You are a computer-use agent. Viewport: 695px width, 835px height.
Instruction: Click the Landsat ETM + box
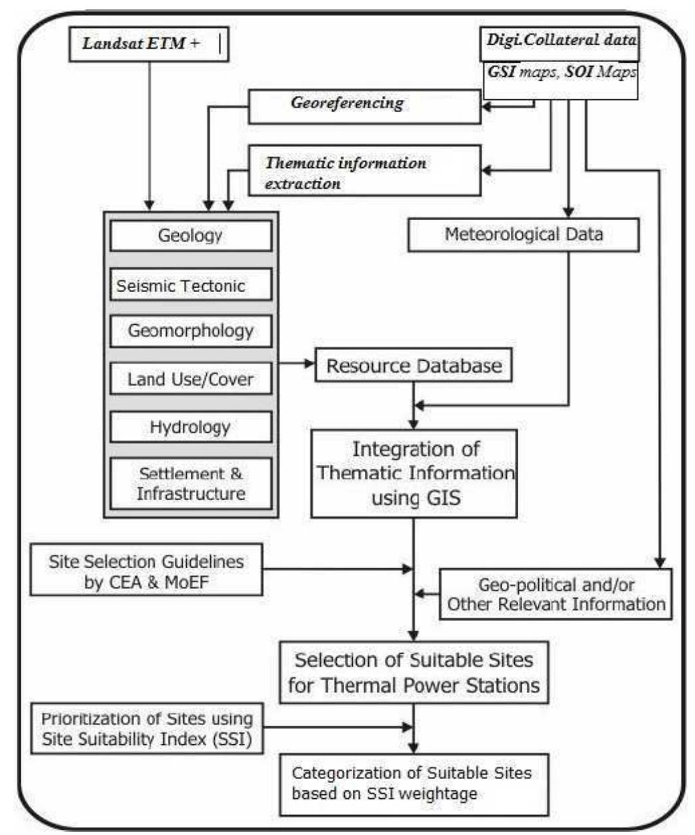click(149, 45)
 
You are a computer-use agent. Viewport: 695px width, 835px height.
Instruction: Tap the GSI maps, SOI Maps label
click(560, 72)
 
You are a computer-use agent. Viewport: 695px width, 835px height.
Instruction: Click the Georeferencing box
click(364, 106)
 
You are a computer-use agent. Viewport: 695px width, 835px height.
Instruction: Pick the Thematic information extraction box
click(364, 172)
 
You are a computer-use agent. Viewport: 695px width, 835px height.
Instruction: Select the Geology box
click(191, 235)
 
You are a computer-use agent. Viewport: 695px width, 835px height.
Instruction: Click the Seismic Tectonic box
click(191, 285)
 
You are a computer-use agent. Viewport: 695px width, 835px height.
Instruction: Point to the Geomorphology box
click(191, 331)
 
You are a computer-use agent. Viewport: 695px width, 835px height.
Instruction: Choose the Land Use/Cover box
click(191, 379)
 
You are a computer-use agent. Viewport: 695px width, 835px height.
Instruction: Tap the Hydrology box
click(191, 427)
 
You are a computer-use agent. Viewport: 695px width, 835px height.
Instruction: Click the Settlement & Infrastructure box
click(191, 484)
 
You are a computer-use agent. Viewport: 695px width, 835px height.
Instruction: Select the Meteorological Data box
click(524, 235)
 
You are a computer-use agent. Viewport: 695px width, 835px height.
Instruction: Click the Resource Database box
click(414, 365)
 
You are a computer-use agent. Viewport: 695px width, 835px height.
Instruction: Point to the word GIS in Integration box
click(443, 498)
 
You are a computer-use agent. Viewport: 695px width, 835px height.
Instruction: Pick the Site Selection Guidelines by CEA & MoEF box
click(146, 571)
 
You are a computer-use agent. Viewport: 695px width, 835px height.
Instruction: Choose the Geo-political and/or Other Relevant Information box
click(556, 594)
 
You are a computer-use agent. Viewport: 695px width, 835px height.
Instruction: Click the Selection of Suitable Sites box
click(414, 672)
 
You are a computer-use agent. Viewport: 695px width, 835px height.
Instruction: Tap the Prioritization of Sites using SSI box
click(147, 728)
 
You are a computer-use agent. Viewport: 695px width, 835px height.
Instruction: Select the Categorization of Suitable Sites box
click(414, 784)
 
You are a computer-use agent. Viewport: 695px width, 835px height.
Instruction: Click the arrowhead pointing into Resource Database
click(309, 363)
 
